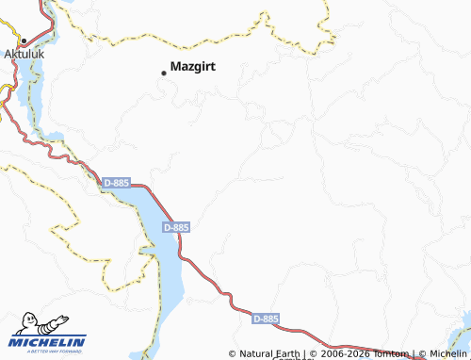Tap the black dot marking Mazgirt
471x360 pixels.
[x=164, y=72]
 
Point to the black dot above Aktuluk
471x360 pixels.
[x=23, y=41]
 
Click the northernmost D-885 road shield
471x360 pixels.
[x=114, y=183]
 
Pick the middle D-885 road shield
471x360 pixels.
[x=175, y=227]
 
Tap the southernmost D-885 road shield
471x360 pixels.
[x=267, y=319]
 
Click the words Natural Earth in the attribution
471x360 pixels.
[x=270, y=354]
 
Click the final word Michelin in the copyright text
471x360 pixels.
[x=447, y=354]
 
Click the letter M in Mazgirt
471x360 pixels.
[x=176, y=67]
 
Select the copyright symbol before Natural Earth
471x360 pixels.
[x=234, y=354]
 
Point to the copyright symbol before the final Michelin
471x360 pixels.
[x=421, y=354]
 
